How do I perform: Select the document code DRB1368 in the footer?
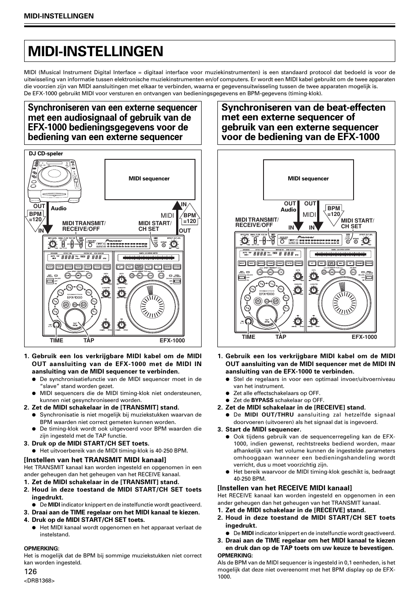tap(40, 581)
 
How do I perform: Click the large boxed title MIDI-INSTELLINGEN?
tap(96, 51)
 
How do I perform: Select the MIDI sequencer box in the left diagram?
tap(149, 179)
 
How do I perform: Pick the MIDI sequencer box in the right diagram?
tap(308, 179)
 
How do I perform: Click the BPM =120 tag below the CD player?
tap(35, 216)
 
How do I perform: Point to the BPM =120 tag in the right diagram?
tap(334, 211)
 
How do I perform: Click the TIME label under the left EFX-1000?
tap(57, 340)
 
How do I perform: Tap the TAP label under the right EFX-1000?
tap(281, 337)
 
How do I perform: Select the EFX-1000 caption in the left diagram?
tap(172, 340)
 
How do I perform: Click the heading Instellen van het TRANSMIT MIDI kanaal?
tap(95, 460)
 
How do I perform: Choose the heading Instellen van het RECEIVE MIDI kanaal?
tap(285, 488)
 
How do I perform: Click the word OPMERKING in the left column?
tap(41, 548)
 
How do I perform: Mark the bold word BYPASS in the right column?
tap(262, 400)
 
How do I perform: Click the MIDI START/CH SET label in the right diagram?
tap(357, 223)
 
